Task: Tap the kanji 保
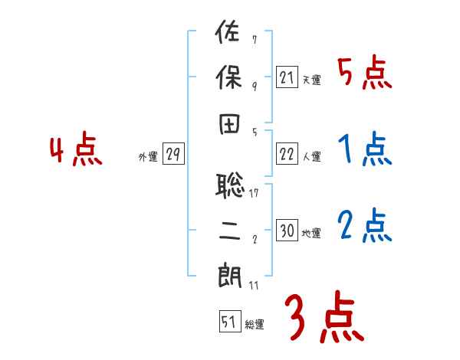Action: [x=228, y=77]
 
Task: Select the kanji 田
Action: [x=228, y=125]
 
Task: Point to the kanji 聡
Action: [x=229, y=185]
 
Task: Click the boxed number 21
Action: [x=287, y=77]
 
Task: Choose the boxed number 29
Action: [x=172, y=154]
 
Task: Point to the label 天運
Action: [x=311, y=80]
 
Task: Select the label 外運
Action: [x=148, y=156]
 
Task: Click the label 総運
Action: [x=255, y=324]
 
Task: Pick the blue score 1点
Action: [x=365, y=149]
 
